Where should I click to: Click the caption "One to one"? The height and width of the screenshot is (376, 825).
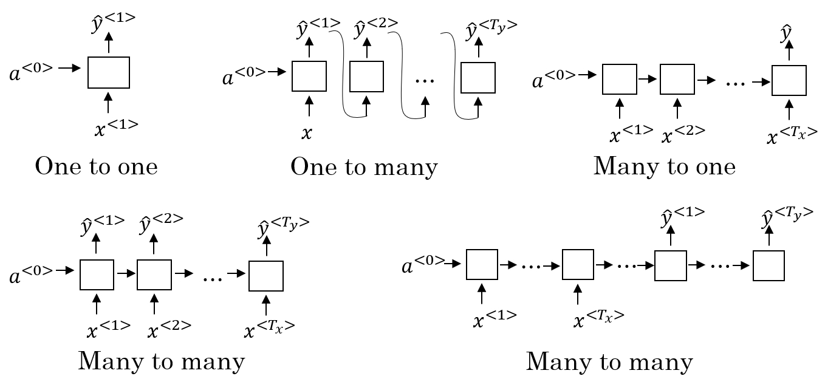(x=96, y=166)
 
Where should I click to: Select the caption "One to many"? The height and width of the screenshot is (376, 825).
(x=363, y=166)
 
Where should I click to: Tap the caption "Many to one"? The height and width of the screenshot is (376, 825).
(x=664, y=166)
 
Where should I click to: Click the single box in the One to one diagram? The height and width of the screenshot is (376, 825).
(x=109, y=73)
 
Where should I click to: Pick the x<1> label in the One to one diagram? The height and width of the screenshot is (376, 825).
(x=116, y=127)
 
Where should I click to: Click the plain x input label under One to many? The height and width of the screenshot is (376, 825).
(x=307, y=133)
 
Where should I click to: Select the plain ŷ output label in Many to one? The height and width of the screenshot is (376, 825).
(x=787, y=35)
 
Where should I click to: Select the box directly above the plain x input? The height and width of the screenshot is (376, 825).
(x=309, y=76)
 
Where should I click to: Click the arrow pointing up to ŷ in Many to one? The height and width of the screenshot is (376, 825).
(x=789, y=54)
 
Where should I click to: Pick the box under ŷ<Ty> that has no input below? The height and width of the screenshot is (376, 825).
(x=769, y=265)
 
